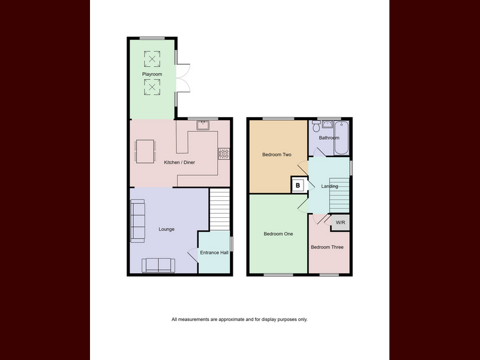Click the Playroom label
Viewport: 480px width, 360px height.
click(x=152, y=74)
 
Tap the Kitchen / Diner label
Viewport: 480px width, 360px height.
click(x=179, y=162)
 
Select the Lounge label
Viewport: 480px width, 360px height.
click(x=167, y=229)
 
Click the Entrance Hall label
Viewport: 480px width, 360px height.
click(x=214, y=253)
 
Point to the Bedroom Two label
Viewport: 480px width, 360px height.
click(x=277, y=155)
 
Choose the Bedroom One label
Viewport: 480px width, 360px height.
click(x=278, y=234)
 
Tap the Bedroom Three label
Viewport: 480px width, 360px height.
click(x=327, y=247)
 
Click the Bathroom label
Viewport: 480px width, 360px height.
click(x=329, y=138)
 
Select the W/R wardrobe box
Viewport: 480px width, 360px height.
click(x=340, y=223)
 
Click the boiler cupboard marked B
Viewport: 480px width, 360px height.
click(x=298, y=185)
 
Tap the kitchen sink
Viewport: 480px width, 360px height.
click(x=203, y=125)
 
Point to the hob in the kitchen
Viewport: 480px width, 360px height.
click(x=224, y=154)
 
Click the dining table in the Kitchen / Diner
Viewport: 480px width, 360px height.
click(x=145, y=151)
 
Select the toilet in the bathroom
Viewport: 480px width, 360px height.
click(x=316, y=126)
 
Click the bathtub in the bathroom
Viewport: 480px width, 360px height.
click(x=341, y=138)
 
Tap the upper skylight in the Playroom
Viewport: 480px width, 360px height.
click(x=152, y=59)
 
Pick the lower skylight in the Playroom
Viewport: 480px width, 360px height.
click(x=152, y=87)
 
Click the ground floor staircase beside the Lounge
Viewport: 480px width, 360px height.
click(x=220, y=209)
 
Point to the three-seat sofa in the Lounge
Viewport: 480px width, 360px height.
click(x=137, y=221)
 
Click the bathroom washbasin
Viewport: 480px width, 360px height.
click(x=327, y=124)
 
